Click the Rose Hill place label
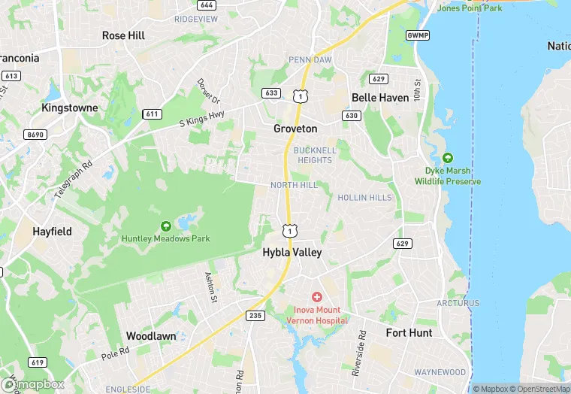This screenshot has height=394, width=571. (123, 35)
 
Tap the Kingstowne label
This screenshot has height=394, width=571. (70, 108)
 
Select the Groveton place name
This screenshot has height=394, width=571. (295, 129)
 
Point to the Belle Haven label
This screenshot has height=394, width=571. (380, 98)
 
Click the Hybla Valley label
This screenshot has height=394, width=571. (292, 253)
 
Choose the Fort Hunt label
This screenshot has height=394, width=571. (409, 332)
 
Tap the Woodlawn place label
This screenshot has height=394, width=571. (150, 336)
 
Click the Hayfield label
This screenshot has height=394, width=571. (52, 232)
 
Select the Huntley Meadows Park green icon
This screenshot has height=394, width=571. (166, 225)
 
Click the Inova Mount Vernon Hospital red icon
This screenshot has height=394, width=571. (317, 298)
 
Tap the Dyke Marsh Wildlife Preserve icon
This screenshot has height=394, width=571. (448, 158)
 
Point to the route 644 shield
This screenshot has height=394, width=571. (207, 5)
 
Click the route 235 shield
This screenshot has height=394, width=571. (255, 316)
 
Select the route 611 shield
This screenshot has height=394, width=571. (153, 114)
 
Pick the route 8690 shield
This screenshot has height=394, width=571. (35, 135)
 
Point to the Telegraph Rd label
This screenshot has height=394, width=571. (73, 178)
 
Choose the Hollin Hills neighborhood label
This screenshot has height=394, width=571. (364, 198)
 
